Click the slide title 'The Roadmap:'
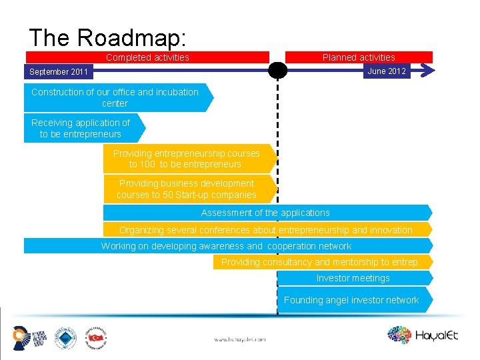tap(107, 37)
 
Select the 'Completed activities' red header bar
tap(147, 57)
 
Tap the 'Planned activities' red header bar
tap(359, 57)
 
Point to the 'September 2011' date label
tap(59, 71)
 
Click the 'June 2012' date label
tap(387, 71)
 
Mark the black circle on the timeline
tap(277, 71)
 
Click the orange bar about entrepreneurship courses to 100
tap(186, 158)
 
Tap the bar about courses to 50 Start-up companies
tap(186, 189)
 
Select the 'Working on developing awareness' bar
tap(226, 246)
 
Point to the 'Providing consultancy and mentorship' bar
tap(319, 262)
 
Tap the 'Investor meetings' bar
tap(353, 278)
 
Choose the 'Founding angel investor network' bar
tap(351, 300)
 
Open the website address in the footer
tap(239, 339)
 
